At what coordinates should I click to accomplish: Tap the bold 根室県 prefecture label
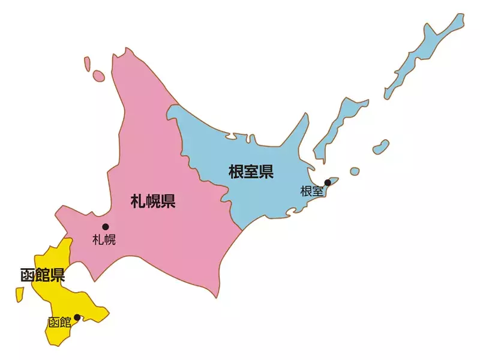coord(251,173)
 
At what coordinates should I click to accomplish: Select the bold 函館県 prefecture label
coord(42,275)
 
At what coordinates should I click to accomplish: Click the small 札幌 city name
coord(104,240)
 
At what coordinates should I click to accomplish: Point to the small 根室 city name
coord(311,191)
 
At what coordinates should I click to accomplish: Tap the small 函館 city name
coord(59,322)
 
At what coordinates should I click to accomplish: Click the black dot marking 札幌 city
coord(106,227)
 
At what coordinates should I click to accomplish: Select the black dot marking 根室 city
coord(328,182)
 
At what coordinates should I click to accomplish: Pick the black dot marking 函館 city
coord(77,317)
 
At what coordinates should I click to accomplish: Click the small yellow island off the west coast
coord(19,294)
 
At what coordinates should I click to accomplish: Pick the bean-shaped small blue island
coord(380,146)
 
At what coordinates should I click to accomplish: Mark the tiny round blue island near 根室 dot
coord(355,171)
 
